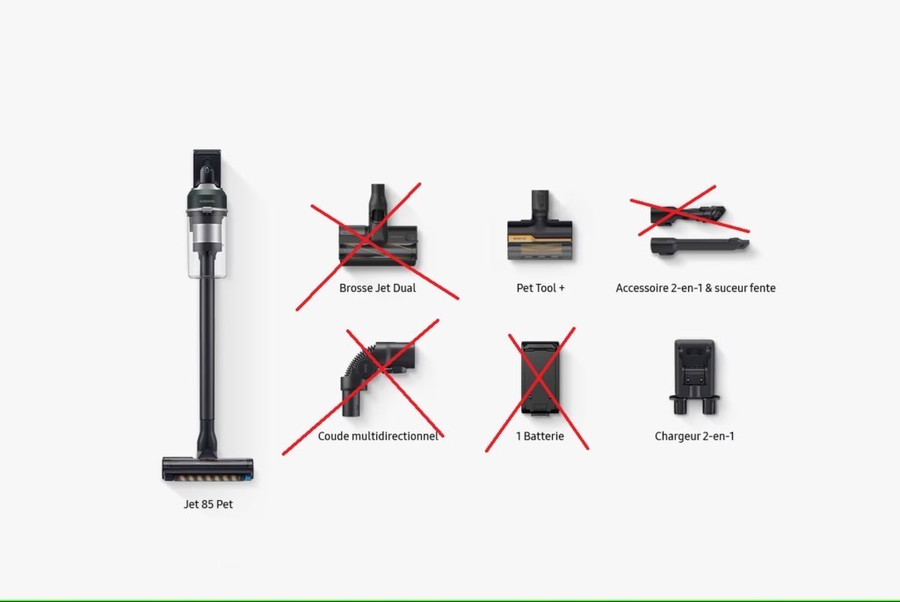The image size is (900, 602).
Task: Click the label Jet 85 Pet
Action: click(x=208, y=504)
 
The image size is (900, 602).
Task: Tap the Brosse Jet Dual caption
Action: click(x=377, y=288)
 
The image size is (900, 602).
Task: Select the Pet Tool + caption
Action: click(x=541, y=288)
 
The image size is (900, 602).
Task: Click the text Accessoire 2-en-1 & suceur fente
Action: click(x=696, y=288)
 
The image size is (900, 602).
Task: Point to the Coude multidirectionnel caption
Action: click(x=378, y=436)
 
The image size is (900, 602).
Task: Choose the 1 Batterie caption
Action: click(x=540, y=436)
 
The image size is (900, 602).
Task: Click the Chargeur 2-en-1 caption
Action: click(x=694, y=436)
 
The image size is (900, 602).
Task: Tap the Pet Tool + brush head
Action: click(x=540, y=226)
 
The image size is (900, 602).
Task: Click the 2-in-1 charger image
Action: click(x=694, y=377)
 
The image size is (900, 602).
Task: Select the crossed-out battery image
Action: click(x=540, y=379)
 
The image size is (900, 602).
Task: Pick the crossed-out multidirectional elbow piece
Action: click(x=376, y=379)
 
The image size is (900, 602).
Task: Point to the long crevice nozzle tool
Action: click(x=699, y=245)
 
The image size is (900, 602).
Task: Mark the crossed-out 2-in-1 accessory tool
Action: click(x=687, y=214)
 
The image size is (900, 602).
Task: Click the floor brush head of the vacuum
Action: click(x=207, y=468)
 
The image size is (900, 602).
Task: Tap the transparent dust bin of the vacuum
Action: click(x=207, y=244)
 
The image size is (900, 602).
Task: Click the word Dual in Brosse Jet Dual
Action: click(x=404, y=288)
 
